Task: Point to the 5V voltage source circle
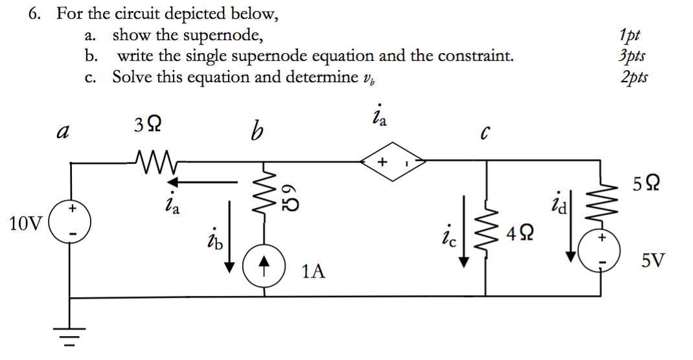(x=600, y=251)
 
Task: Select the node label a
(x=63, y=133)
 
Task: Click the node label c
(x=484, y=134)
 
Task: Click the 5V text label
(x=652, y=261)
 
